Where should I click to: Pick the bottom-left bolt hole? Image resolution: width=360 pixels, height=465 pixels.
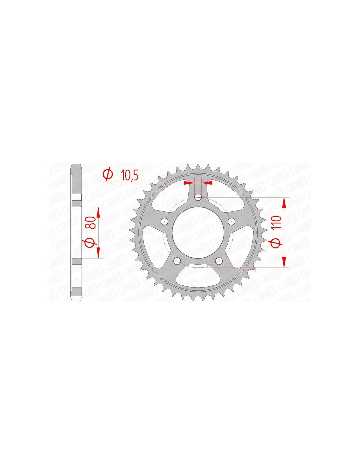(177, 261)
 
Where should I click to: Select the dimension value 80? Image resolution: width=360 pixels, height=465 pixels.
(91, 223)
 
